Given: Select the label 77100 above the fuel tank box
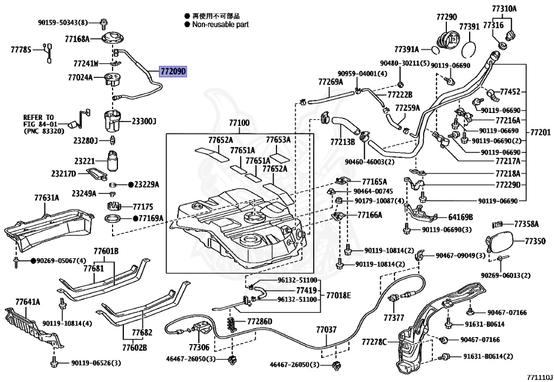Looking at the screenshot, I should [x=239, y=123].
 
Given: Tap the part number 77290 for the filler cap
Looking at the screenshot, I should [x=447, y=17].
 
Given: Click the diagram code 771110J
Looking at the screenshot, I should [x=539, y=375].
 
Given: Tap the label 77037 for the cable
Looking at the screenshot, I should [x=326, y=329].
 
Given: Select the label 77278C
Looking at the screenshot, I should [x=374, y=342].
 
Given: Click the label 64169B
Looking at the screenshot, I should [x=460, y=217].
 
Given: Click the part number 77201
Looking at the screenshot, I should [x=539, y=132].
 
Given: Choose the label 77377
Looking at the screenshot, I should [x=394, y=316].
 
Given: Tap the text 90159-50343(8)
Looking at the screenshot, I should [x=63, y=23].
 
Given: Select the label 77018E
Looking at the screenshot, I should [x=338, y=295].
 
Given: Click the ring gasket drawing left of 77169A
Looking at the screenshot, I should [x=113, y=219].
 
